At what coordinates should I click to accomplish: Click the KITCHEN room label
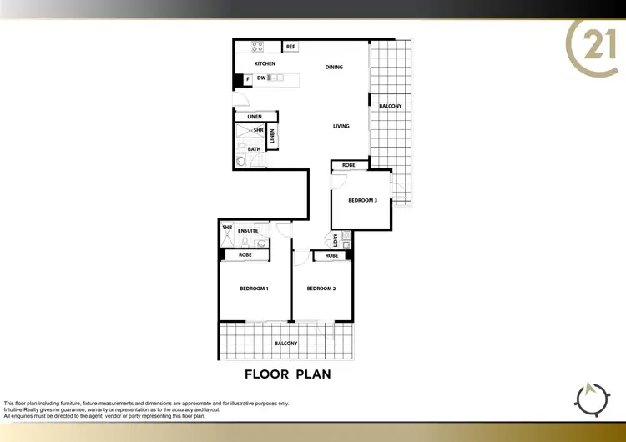coord(265,64)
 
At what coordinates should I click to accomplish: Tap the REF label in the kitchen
coord(290,47)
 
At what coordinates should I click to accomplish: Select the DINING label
coord(334,68)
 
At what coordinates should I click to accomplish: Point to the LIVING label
coord(341,126)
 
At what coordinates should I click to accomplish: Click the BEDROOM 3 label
coord(363,201)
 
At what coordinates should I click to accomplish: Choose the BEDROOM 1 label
coord(254,289)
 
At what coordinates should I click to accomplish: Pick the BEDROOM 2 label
coord(321,289)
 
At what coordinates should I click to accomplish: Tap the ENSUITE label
coord(248,231)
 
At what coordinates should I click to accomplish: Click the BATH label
coord(254,149)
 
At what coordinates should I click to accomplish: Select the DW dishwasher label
coord(261,78)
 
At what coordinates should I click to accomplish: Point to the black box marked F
coord(248,80)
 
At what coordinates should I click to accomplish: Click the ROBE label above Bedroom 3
coord(348,165)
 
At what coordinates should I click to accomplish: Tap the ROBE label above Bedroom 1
coord(245,254)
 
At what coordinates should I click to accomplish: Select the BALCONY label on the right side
coord(391,106)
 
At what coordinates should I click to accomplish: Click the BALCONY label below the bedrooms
coord(286,344)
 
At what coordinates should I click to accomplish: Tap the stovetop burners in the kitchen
coord(258,47)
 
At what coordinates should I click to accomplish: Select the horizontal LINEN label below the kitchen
coord(254,117)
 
